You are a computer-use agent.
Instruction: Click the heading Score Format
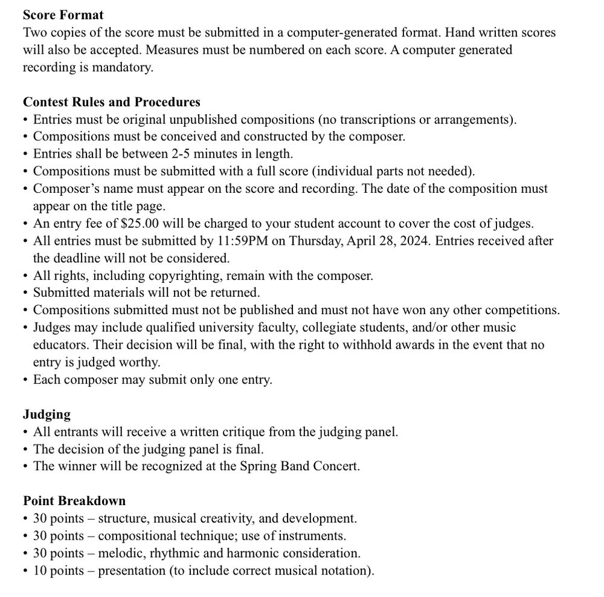click(x=63, y=15)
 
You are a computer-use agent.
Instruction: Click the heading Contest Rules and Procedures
click(x=112, y=102)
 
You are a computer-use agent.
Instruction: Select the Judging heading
click(x=47, y=415)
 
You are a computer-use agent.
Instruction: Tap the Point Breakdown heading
click(x=74, y=501)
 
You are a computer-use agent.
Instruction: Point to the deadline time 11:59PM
click(x=244, y=241)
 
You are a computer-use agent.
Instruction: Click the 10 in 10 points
click(x=40, y=570)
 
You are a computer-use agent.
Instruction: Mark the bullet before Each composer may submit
click(x=25, y=381)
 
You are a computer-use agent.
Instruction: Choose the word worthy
click(x=144, y=363)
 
